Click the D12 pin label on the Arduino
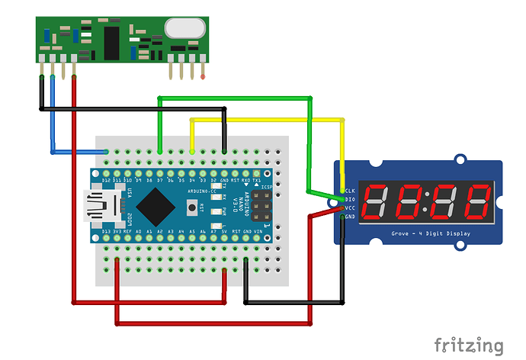105,179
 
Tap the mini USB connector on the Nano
98,204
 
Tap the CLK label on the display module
350,191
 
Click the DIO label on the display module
350,199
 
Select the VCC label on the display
350,207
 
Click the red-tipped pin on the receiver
203,76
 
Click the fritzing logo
468,345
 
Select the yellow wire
267,120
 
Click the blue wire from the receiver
52,122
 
